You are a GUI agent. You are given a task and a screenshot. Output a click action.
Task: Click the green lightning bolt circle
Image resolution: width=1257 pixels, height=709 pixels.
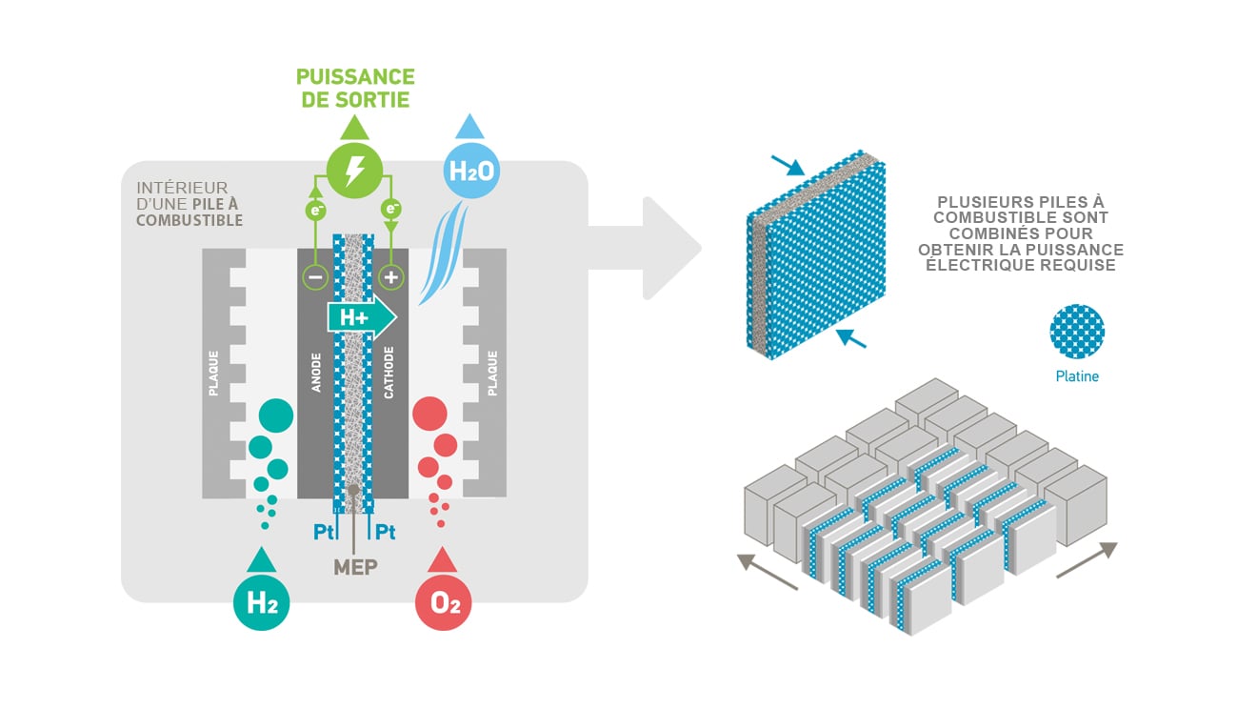pyautogui.click(x=354, y=172)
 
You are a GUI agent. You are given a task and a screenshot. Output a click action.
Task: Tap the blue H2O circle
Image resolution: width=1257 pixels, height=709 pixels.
pyautogui.click(x=470, y=172)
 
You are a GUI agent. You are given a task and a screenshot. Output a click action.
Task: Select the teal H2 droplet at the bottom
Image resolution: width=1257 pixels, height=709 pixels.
pyautogui.click(x=262, y=602)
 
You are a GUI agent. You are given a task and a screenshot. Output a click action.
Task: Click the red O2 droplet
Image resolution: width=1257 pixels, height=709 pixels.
pyautogui.click(x=444, y=603)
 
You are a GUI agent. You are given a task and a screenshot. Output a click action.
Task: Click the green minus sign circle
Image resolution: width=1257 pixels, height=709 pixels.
pyautogui.click(x=315, y=278)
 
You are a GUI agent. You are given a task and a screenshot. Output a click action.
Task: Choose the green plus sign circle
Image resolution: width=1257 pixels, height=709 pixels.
pyautogui.click(x=390, y=278)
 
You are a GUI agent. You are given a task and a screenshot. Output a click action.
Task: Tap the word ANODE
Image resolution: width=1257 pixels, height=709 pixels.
pyautogui.click(x=316, y=375)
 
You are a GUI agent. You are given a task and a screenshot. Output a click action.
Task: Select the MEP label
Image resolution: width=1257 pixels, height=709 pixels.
pyautogui.click(x=355, y=567)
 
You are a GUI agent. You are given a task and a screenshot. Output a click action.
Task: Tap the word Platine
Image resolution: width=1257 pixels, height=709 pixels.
pyautogui.click(x=1077, y=376)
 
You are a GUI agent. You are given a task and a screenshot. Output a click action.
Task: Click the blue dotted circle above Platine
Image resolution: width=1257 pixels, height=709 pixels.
pyautogui.click(x=1077, y=332)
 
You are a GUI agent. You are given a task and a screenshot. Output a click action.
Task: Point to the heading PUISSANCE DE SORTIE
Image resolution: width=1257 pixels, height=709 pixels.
pyautogui.click(x=355, y=88)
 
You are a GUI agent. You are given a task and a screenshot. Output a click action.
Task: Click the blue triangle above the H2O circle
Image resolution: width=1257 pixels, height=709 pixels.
pyautogui.click(x=469, y=127)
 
